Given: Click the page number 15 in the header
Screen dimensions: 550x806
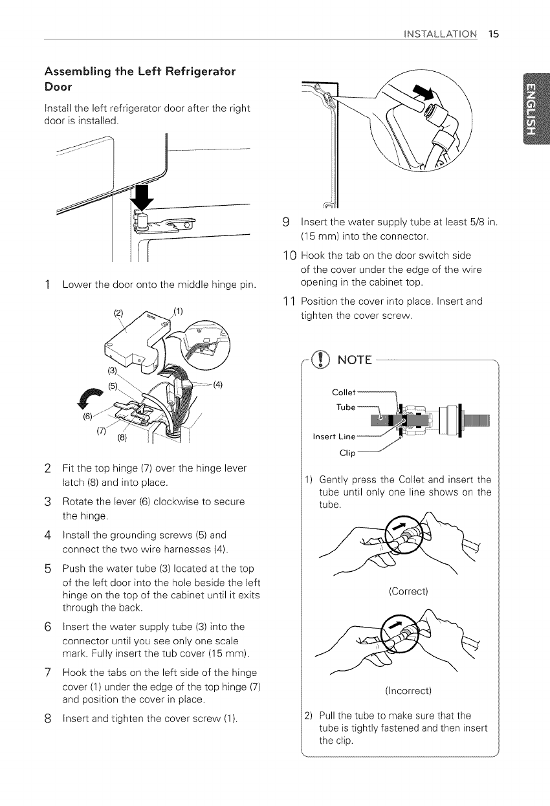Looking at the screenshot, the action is pyautogui.click(x=494, y=34).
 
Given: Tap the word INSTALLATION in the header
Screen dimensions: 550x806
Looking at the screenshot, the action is pyautogui.click(x=440, y=34).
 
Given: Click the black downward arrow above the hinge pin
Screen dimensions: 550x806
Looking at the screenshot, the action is pyautogui.click(x=142, y=197).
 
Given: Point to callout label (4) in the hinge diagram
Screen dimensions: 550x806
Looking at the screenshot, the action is pyautogui.click(x=218, y=385).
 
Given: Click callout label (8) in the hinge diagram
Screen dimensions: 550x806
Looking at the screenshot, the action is pyautogui.click(x=122, y=438).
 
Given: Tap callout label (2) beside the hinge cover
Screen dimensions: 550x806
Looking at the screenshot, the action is pyautogui.click(x=118, y=313).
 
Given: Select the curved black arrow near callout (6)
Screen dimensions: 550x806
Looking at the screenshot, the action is pyautogui.click(x=89, y=397).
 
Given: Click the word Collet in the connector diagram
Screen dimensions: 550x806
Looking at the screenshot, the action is pyautogui.click(x=344, y=392).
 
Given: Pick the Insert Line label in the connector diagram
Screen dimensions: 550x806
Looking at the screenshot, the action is pyautogui.click(x=334, y=437).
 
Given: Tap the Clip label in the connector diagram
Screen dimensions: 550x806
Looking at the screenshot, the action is pyautogui.click(x=347, y=453).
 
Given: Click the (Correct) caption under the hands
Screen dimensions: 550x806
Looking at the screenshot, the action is pyautogui.click(x=408, y=591).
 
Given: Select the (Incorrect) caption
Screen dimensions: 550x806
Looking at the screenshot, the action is pyautogui.click(x=408, y=691).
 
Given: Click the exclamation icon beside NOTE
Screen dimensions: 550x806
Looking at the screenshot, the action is pyautogui.click(x=320, y=360).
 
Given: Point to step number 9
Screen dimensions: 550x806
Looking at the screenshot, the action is pyautogui.click(x=286, y=223).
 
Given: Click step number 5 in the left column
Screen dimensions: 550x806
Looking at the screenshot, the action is pyautogui.click(x=48, y=569).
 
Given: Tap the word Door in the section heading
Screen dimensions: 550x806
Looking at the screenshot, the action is pyautogui.click(x=58, y=87).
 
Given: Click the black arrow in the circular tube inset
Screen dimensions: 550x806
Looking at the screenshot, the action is pyautogui.click(x=424, y=93).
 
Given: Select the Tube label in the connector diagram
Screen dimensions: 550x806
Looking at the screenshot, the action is pyautogui.click(x=346, y=408).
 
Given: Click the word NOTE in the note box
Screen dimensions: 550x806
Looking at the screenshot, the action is pyautogui.click(x=355, y=360).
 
